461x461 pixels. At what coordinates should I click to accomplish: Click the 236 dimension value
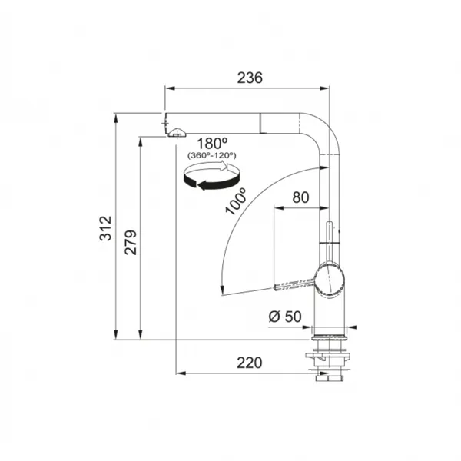tap(250, 78)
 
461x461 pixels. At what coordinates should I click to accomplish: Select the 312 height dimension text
tap(105, 228)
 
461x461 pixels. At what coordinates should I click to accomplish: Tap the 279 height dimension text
tap(131, 242)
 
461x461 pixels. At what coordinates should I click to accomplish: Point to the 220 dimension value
tap(249, 363)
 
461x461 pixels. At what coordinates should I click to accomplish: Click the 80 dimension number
tap(300, 197)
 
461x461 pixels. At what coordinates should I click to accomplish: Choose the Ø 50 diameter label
tap(285, 317)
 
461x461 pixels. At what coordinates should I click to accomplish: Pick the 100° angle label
tap(236, 201)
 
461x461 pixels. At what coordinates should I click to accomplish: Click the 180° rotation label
tap(212, 144)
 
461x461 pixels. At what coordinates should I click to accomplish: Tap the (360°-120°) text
tap(212, 155)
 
